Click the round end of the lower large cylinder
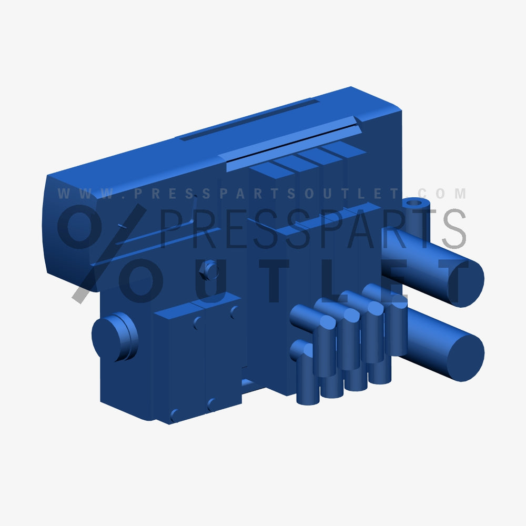(465, 358)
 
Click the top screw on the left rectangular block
(197, 322)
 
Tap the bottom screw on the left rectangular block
(174, 414)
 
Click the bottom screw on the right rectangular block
(211, 404)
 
